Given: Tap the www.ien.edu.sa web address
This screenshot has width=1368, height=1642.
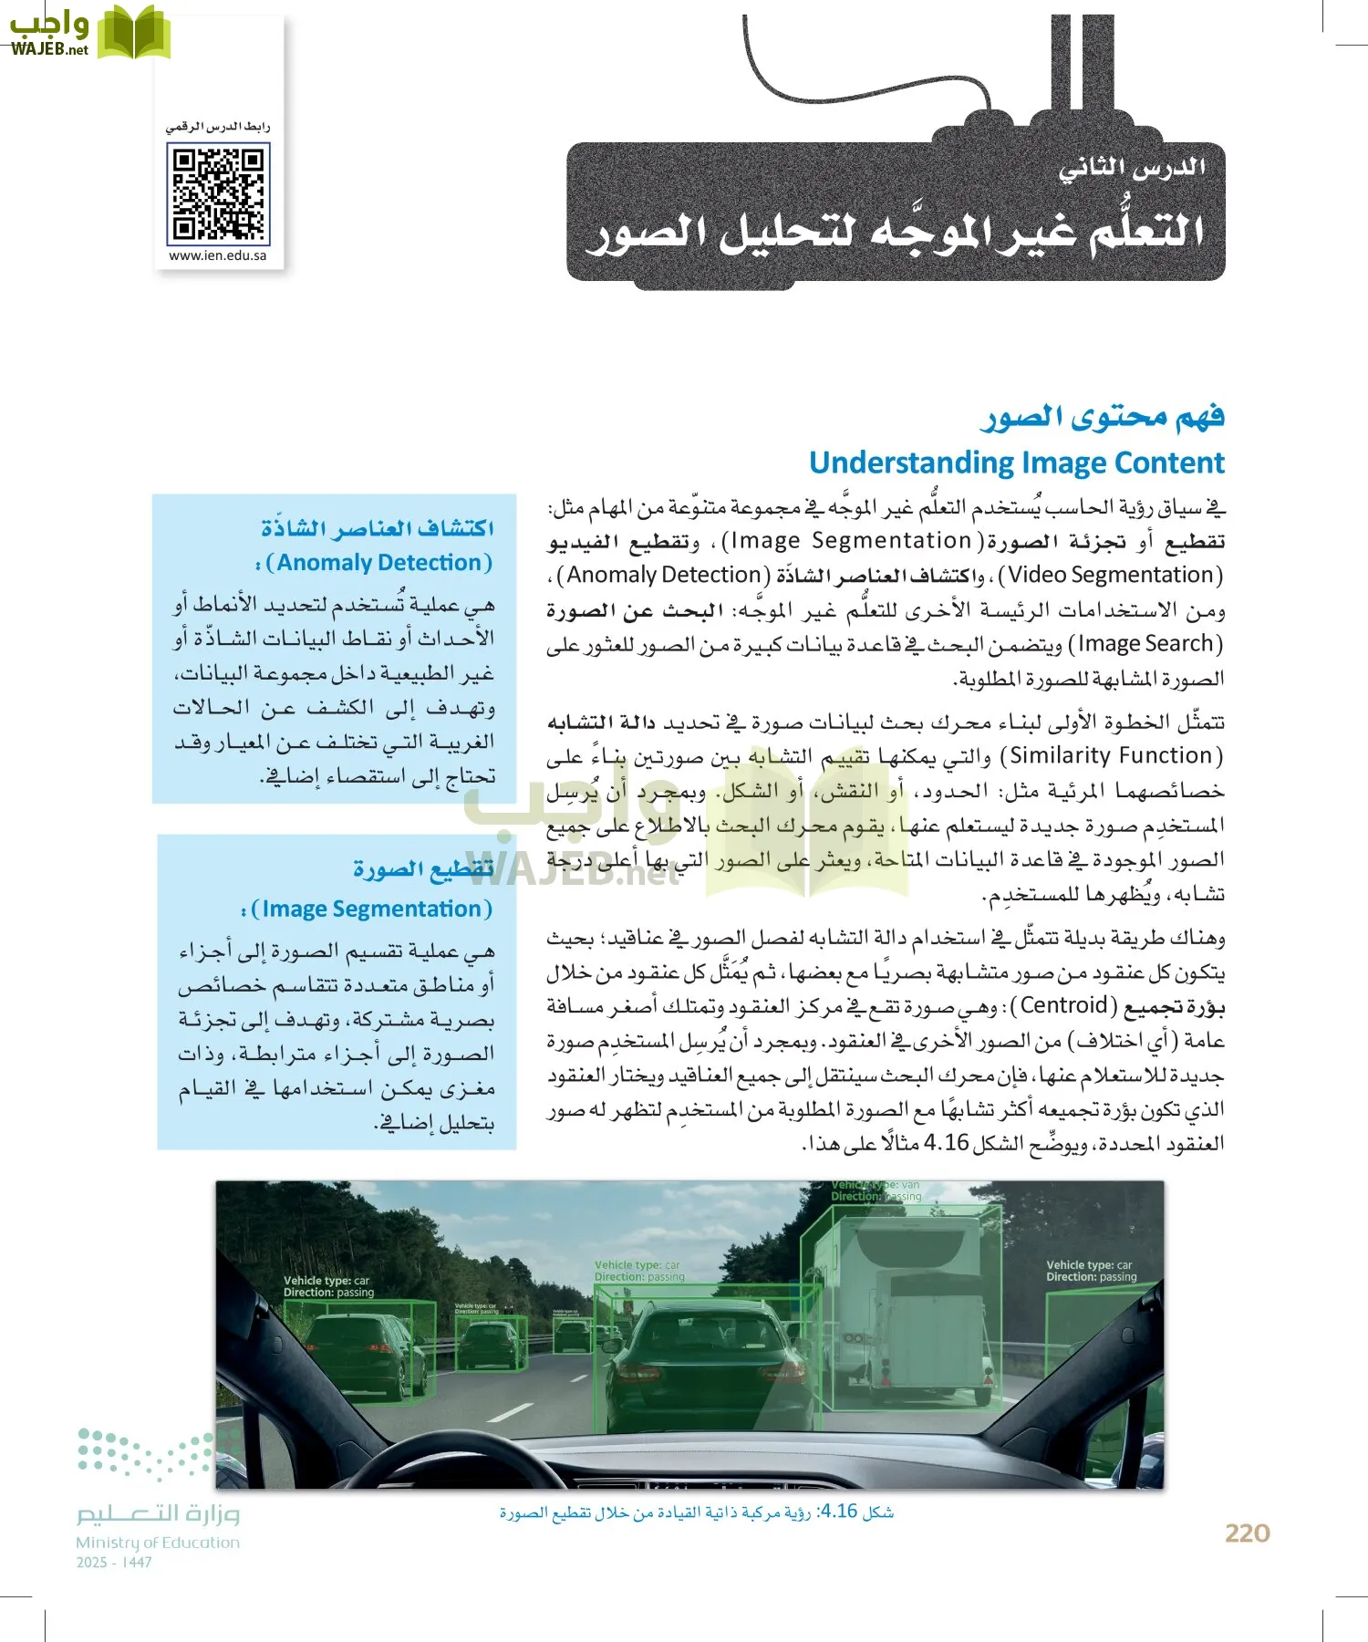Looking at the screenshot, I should click(x=218, y=256).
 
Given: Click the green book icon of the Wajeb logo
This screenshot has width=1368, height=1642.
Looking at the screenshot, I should click(x=133, y=34).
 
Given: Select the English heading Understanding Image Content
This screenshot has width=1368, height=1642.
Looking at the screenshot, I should click(x=1016, y=463).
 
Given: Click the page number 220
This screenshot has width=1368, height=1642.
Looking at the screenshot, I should click(x=1247, y=1533).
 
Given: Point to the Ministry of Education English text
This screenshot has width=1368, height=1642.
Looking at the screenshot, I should click(x=158, y=1543).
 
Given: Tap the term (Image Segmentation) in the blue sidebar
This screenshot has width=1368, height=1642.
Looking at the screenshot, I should click(x=371, y=909).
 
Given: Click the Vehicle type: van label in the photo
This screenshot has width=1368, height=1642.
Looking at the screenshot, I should click(x=876, y=1190).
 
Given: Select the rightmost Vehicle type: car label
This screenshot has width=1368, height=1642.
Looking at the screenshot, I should click(x=1091, y=1271).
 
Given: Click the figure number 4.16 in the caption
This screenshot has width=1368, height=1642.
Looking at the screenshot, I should click(x=838, y=1512).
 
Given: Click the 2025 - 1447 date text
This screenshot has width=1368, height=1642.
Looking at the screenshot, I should click(x=114, y=1563).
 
